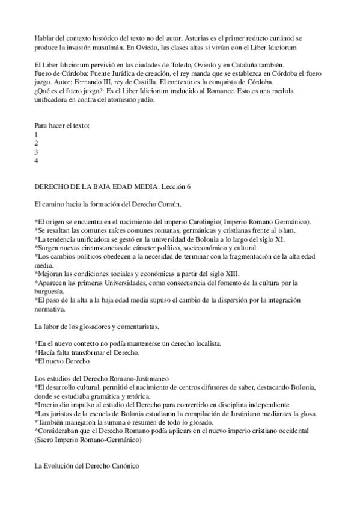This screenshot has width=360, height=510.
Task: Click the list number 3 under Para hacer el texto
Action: tap(37, 152)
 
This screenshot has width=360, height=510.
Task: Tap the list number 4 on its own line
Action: tap(37, 161)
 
